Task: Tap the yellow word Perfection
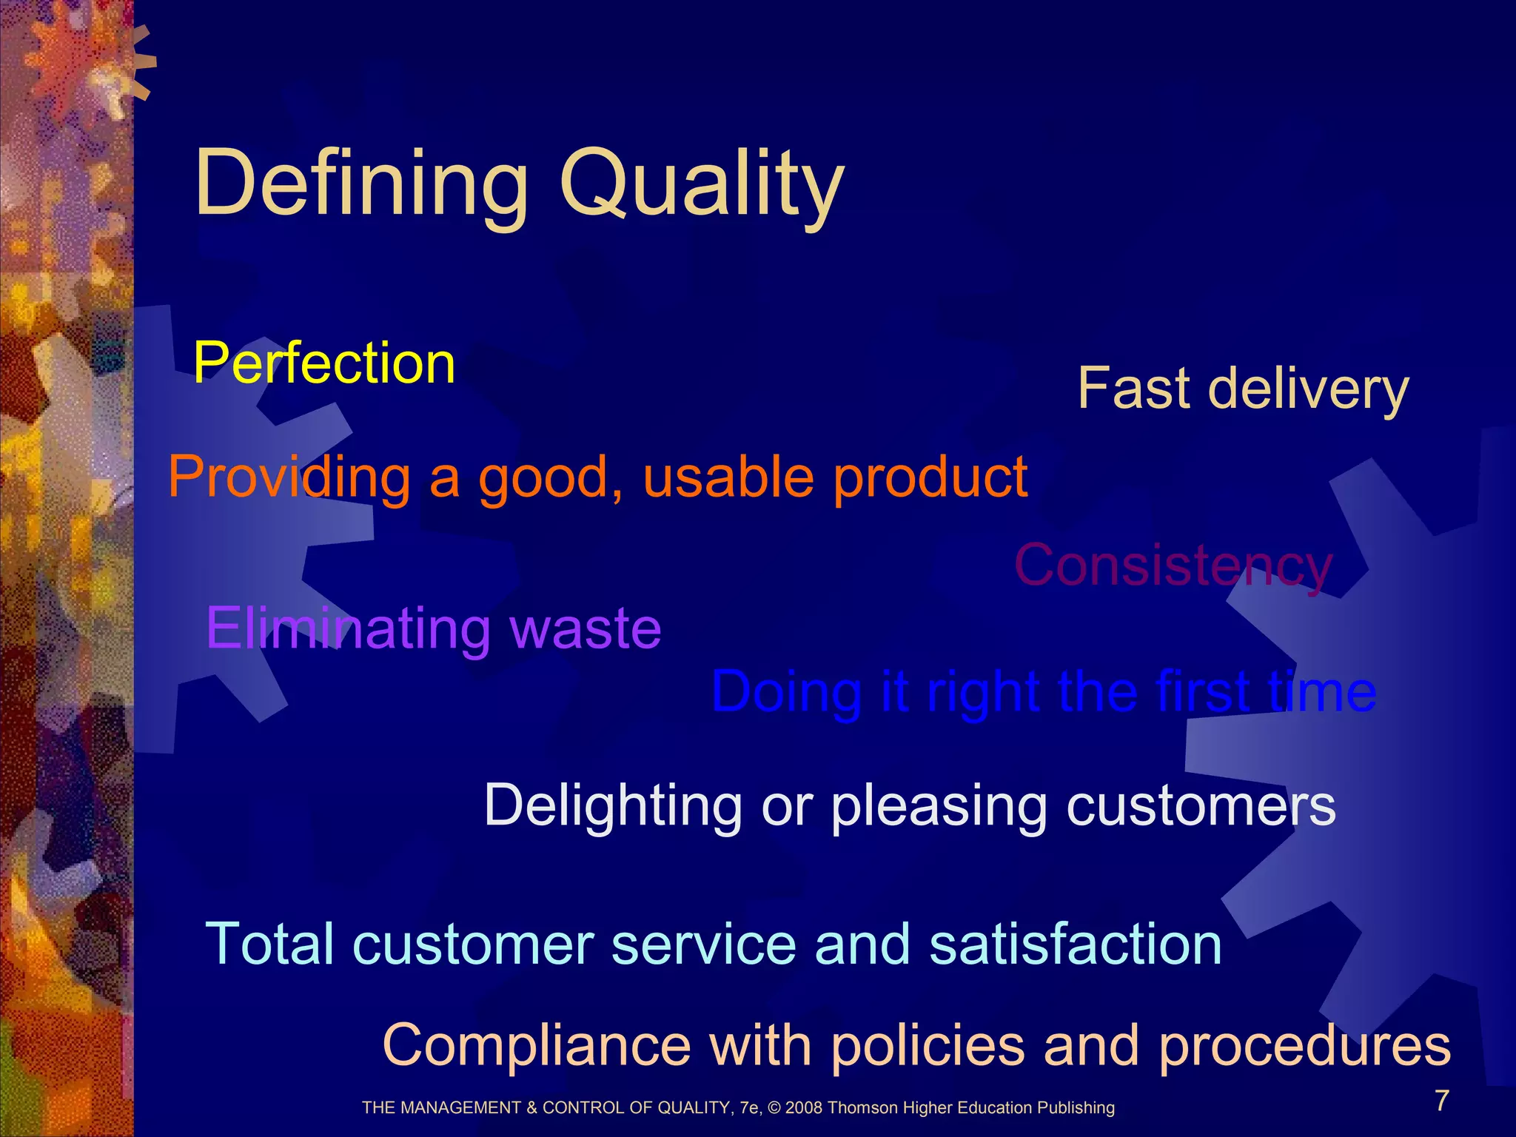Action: click(x=323, y=363)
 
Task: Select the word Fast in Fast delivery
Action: click(x=1133, y=388)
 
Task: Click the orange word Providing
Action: click(x=289, y=477)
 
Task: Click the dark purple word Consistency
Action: click(x=1173, y=566)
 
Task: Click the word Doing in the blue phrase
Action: click(x=787, y=692)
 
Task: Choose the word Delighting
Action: click(x=613, y=805)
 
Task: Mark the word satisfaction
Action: click(x=1075, y=944)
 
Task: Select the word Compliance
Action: click(x=537, y=1045)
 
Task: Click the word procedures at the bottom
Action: click(x=1304, y=1045)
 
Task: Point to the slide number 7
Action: click(x=1442, y=1101)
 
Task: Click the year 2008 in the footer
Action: click(x=805, y=1108)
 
